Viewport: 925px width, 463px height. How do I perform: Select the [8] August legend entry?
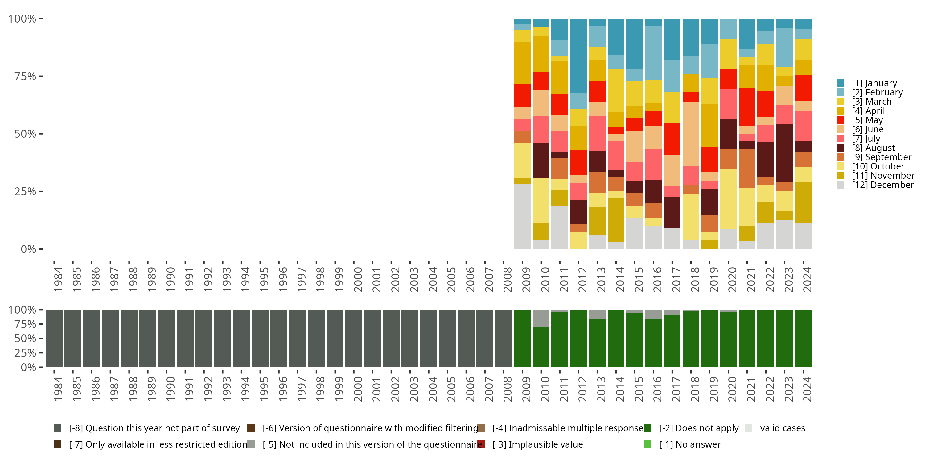click(x=873, y=148)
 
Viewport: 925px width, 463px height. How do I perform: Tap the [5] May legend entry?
click(x=867, y=120)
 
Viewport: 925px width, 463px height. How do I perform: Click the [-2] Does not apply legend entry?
click(x=698, y=428)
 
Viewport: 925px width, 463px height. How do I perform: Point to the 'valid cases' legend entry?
click(x=782, y=428)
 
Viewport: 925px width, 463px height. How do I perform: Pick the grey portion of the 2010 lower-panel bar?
click(x=541, y=318)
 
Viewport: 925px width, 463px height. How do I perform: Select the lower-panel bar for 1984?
click(x=54, y=338)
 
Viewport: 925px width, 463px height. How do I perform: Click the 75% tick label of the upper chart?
click(x=25, y=77)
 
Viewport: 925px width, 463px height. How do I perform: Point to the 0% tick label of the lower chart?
click(x=28, y=367)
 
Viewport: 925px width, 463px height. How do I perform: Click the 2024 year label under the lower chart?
click(x=807, y=389)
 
